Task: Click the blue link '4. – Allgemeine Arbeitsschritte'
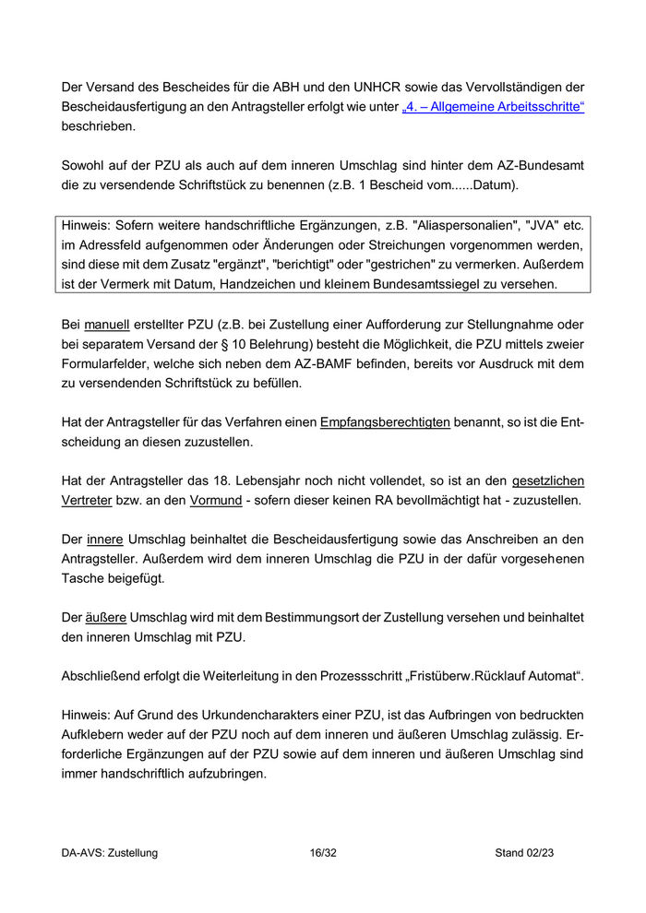(494, 108)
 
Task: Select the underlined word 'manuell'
(106, 326)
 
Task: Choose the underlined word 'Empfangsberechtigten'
(385, 423)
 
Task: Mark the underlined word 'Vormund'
(217, 501)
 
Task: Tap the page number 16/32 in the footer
(323, 853)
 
